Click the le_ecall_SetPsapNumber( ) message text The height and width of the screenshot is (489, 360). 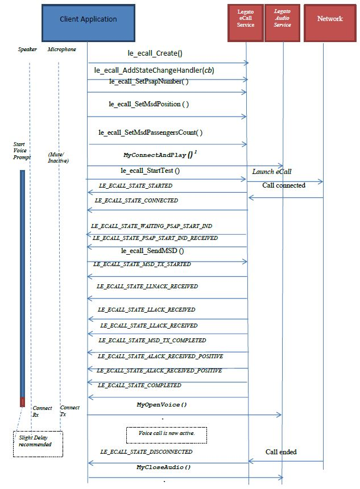148,81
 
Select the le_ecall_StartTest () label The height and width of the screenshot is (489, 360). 150,171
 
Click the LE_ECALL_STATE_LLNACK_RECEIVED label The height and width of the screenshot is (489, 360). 148,287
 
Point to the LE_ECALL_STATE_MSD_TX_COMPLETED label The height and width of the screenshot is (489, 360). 152,341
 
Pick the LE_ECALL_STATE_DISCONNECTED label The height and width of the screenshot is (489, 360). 146,451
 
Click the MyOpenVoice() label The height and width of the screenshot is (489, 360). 162,405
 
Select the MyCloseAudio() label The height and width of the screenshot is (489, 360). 163,467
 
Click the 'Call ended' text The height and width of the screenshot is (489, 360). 281,451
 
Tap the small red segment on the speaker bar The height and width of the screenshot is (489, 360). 23,402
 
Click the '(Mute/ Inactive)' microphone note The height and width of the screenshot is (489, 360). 60,158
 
